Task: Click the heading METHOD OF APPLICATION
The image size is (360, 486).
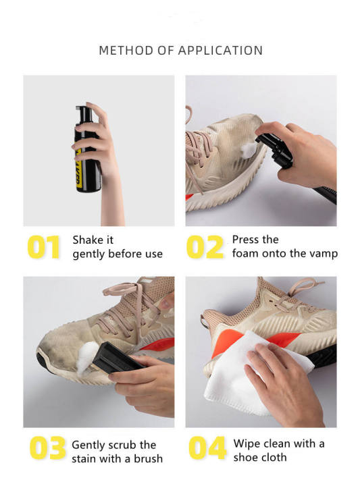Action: tap(180, 51)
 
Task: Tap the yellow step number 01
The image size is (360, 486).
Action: tap(45, 247)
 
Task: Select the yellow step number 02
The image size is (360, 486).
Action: tap(205, 247)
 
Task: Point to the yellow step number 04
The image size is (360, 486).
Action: tap(207, 449)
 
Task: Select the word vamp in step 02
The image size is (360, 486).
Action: tap(323, 254)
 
